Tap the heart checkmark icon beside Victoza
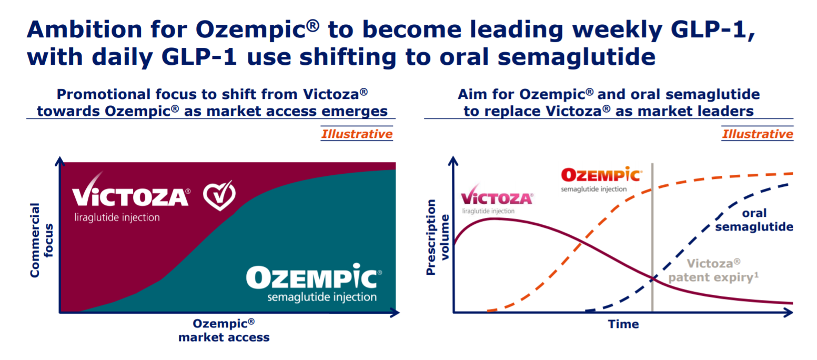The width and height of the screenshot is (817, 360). (x=219, y=195)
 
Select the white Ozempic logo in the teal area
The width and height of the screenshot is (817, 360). (x=314, y=283)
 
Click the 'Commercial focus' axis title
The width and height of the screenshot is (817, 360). (x=41, y=240)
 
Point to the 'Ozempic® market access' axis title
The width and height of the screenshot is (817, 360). (x=224, y=331)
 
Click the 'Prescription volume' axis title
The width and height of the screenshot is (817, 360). (x=437, y=237)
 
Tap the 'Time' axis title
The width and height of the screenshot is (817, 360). (x=623, y=324)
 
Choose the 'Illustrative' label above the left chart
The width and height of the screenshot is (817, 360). (x=357, y=134)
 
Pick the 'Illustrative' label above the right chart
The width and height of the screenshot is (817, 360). (x=758, y=134)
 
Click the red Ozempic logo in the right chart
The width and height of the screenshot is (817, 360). (x=601, y=179)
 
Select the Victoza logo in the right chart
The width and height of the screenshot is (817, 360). (x=497, y=199)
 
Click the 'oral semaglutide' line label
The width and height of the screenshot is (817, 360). (x=754, y=220)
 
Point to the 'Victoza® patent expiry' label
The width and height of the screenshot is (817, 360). (x=713, y=271)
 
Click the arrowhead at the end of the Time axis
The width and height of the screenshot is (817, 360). (x=789, y=312)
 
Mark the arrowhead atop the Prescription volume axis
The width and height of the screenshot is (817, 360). (x=453, y=161)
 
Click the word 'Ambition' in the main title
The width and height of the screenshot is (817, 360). (x=84, y=29)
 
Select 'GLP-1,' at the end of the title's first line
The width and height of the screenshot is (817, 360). (x=713, y=30)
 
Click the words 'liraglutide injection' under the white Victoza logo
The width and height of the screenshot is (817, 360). (x=117, y=217)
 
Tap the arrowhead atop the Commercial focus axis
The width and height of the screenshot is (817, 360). (x=60, y=162)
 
